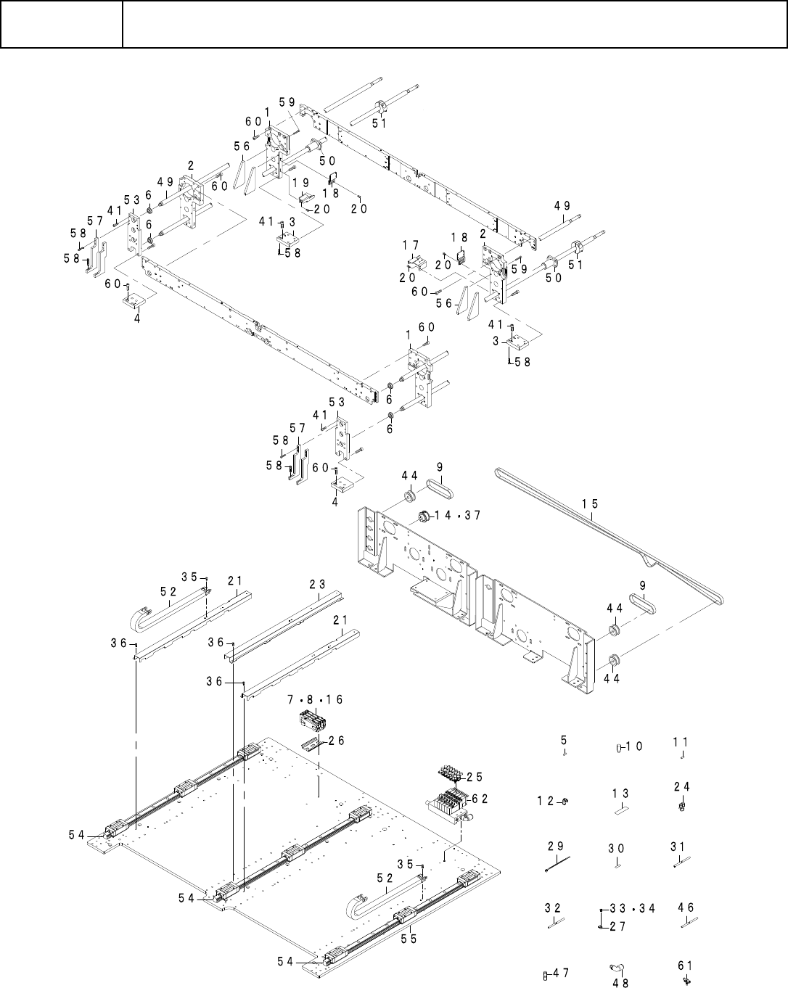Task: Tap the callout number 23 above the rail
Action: pos(317,585)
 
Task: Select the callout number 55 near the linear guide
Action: pos(409,939)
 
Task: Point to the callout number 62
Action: pos(480,799)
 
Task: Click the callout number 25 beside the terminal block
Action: pos(475,777)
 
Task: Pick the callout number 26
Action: pos(336,741)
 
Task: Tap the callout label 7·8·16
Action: pos(315,700)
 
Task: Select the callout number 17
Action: pos(411,245)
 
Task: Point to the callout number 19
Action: pos(301,183)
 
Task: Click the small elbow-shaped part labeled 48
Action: pos(617,967)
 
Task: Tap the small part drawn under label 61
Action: pos(685,980)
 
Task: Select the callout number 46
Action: pos(686,907)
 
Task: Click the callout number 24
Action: pos(681,786)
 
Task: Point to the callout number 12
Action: pos(546,801)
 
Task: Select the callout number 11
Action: pos(680,742)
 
